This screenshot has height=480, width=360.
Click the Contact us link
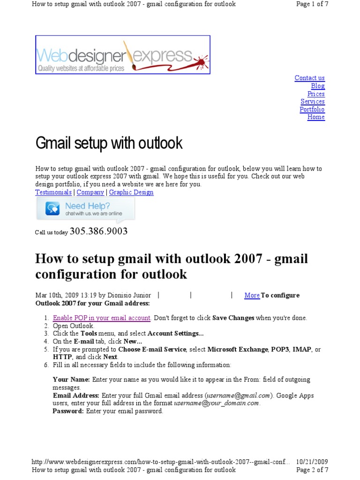tap(309, 78)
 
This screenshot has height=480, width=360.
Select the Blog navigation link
tap(318, 86)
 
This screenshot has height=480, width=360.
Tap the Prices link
tap(316, 94)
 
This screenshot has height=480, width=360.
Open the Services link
tap(313, 101)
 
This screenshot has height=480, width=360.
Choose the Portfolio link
tap(312, 109)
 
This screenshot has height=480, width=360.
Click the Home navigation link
tap(316, 117)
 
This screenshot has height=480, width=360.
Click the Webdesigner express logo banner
tap(123, 55)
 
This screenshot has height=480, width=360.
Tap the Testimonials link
tap(53, 192)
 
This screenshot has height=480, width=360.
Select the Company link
tap(90, 192)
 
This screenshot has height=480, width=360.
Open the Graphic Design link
tap(131, 192)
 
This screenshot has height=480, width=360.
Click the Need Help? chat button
tap(85, 209)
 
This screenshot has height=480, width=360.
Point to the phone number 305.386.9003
tap(98, 232)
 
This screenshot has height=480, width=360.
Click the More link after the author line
tap(252, 295)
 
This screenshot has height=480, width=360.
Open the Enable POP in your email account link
tap(102, 318)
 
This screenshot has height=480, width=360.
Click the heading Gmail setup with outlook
tap(109, 143)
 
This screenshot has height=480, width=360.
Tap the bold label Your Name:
tap(71, 380)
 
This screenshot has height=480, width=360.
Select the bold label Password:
tap(68, 411)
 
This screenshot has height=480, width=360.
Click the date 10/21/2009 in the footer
tap(312, 462)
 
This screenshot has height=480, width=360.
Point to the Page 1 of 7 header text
tap(312, 4)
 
